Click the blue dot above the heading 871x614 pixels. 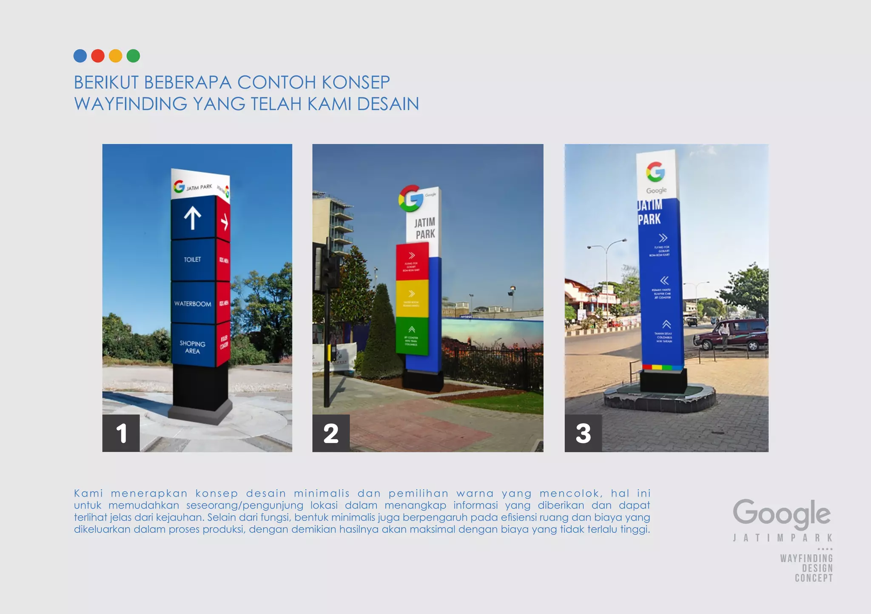tap(80, 56)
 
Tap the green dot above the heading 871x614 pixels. tap(133, 56)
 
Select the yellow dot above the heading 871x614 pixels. tap(115, 56)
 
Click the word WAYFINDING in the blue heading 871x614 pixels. tap(131, 104)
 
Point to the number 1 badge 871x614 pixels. tap(121, 433)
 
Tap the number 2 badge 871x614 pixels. tap(331, 433)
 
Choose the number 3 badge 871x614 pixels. tap(583, 433)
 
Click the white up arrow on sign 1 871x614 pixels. tap(193, 218)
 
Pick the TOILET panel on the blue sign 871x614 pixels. tap(192, 260)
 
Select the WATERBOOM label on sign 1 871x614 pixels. tap(193, 304)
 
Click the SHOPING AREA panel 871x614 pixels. tap(192, 347)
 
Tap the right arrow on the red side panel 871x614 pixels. tap(224, 222)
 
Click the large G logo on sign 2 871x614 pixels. tap(410, 198)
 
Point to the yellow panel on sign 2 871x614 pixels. tap(412, 298)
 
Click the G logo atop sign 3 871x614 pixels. tap(655, 171)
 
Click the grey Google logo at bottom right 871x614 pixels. tap(782, 513)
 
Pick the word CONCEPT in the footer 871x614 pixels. tap(814, 578)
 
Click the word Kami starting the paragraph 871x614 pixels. tap(88, 493)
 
